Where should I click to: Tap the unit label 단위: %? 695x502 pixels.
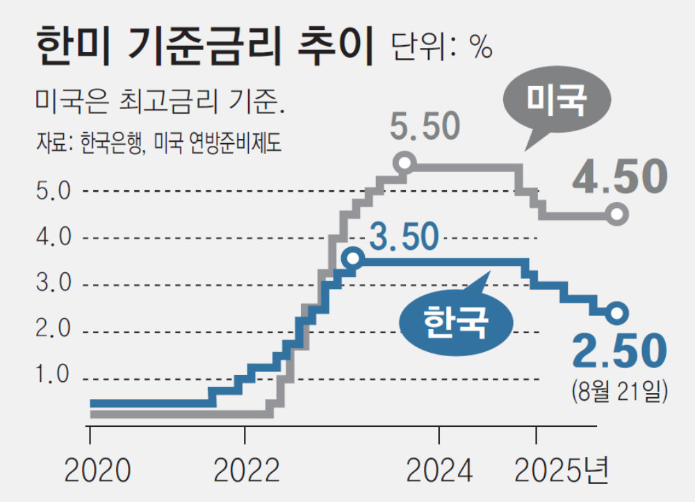(x=442, y=47)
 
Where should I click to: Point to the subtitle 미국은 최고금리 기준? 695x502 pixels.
(x=161, y=104)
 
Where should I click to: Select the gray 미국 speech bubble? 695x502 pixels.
(x=557, y=101)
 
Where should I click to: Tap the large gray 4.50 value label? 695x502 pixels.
(x=619, y=178)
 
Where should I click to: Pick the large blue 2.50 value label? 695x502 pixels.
(x=619, y=351)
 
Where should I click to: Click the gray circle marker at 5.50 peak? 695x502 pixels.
(x=404, y=163)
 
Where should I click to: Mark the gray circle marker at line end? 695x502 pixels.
(x=616, y=214)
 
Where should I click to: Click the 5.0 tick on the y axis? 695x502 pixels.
(x=53, y=191)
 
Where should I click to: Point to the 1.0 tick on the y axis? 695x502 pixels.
(x=53, y=376)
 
